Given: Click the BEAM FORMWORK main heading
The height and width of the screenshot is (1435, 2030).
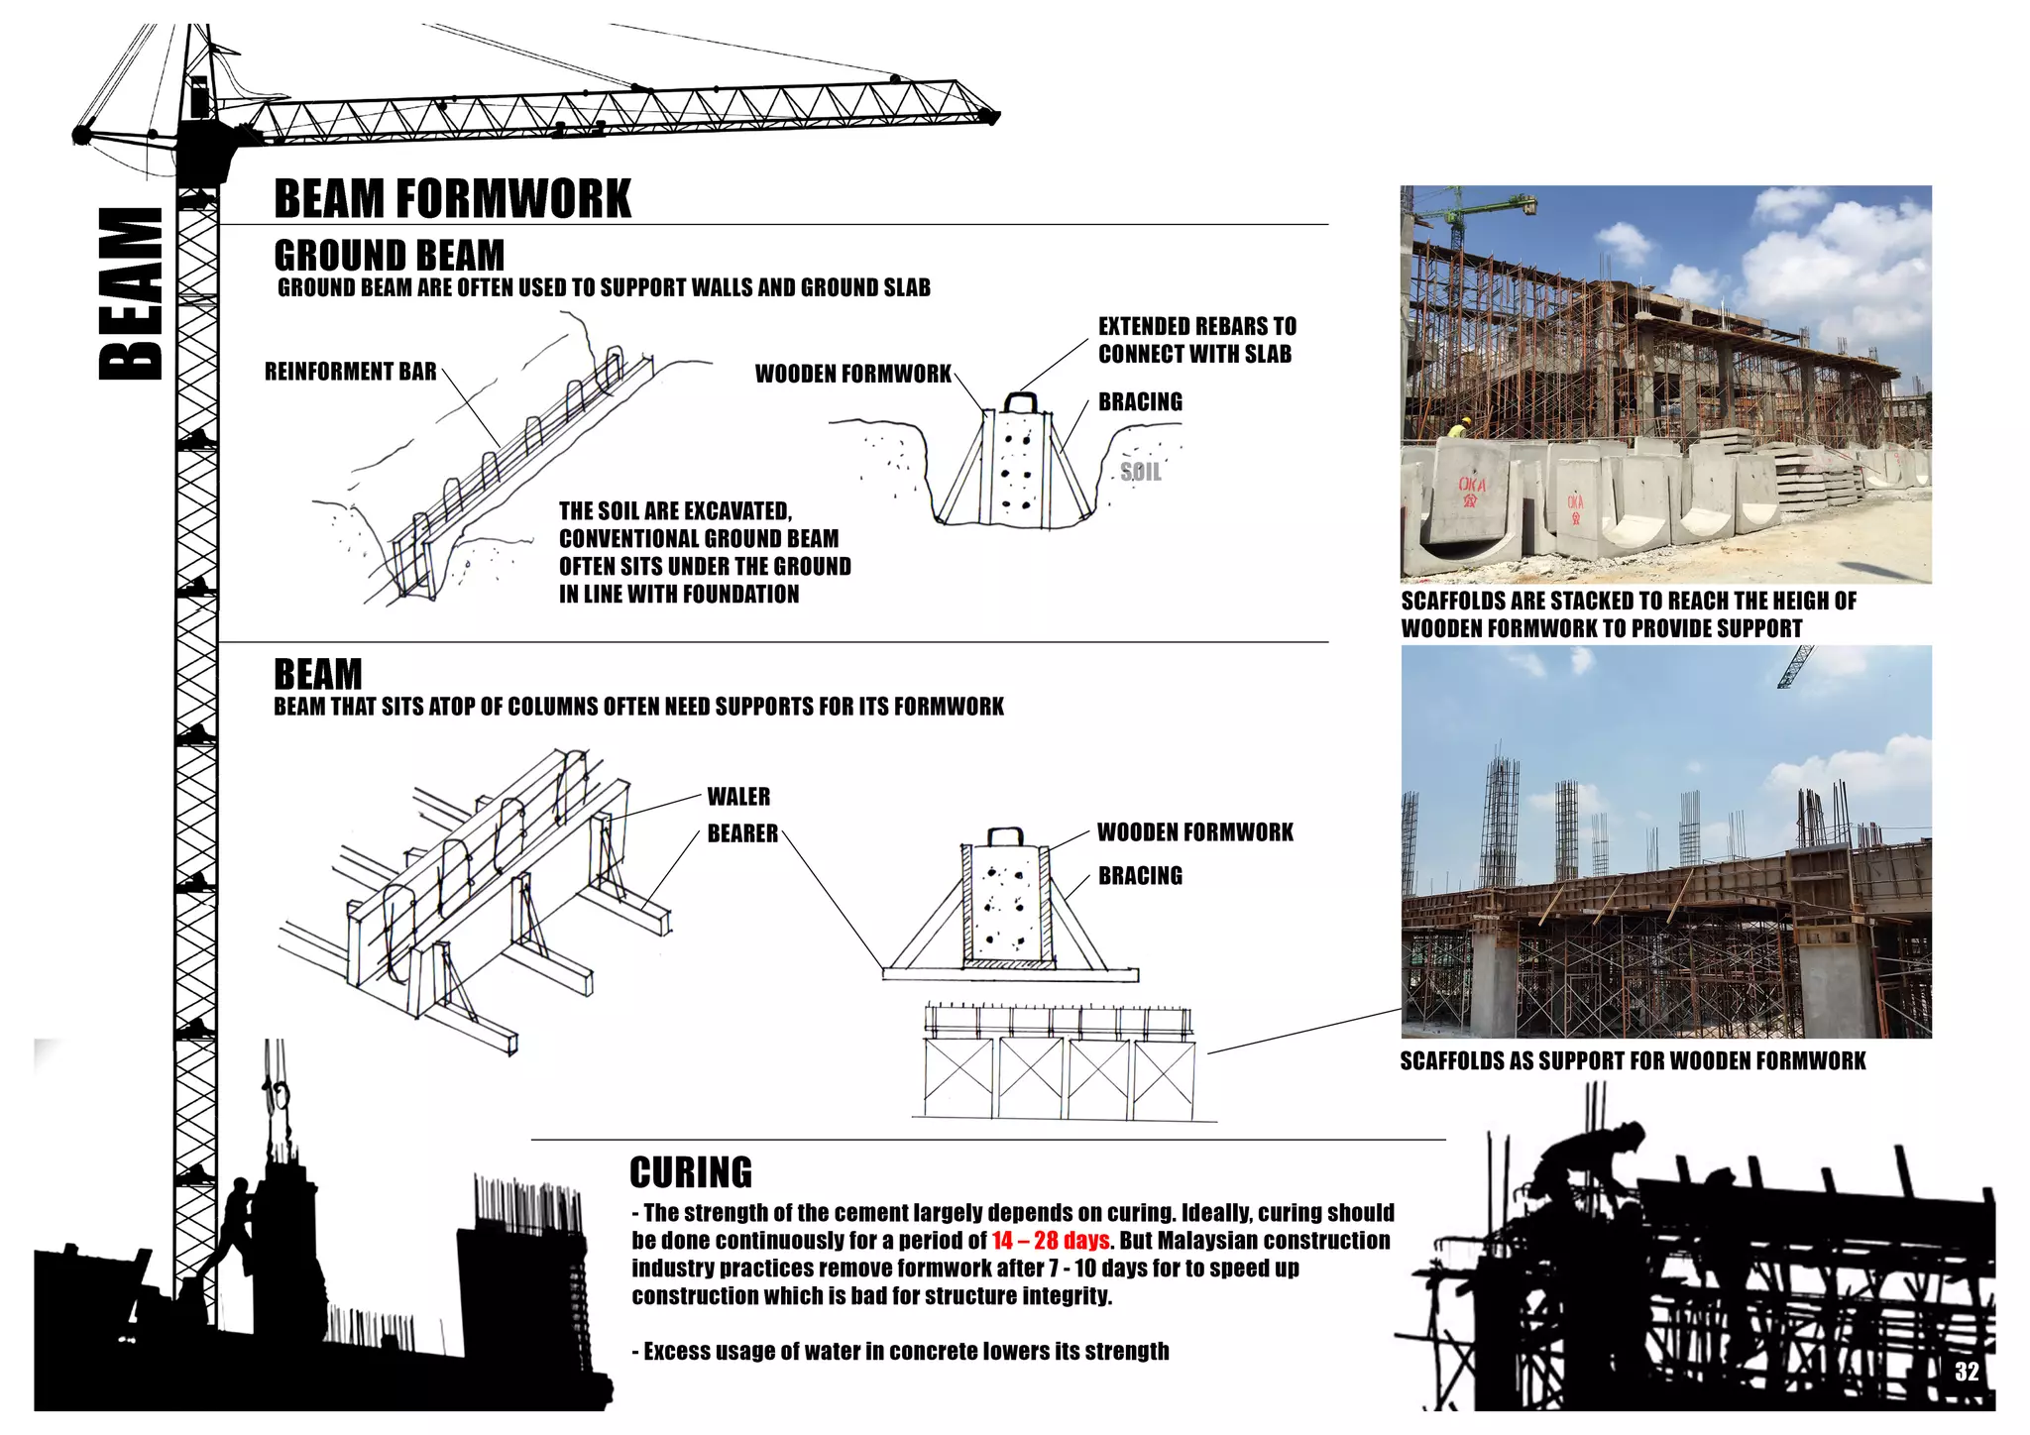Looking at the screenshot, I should click(x=452, y=199).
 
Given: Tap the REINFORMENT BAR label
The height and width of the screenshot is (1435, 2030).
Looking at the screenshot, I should click(x=350, y=372).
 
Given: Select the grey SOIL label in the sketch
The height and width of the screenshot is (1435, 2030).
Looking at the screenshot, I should click(x=1141, y=472).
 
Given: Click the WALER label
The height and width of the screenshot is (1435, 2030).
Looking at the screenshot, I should click(x=738, y=797).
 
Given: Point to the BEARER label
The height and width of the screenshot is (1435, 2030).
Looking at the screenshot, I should click(x=742, y=833).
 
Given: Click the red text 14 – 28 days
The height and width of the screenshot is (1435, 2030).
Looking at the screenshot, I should click(x=1050, y=1241).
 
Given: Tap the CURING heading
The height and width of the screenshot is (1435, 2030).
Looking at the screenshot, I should click(x=691, y=1172).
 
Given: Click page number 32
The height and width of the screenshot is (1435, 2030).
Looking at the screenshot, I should click(x=1967, y=1372).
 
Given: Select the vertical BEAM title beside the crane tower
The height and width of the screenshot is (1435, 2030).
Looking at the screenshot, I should click(x=132, y=294).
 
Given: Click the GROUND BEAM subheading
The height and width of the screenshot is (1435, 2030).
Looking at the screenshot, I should click(x=389, y=256).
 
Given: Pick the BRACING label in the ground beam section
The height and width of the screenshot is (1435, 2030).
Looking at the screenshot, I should click(x=1140, y=401).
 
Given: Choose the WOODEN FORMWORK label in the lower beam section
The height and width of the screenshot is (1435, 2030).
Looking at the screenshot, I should click(x=1194, y=832).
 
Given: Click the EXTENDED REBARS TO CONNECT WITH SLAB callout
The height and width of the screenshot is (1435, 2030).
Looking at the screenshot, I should click(x=1196, y=340).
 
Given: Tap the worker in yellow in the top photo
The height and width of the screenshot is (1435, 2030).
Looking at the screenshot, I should click(x=1458, y=429).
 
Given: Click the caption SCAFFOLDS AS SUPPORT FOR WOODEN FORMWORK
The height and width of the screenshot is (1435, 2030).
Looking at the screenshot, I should click(x=1633, y=1061).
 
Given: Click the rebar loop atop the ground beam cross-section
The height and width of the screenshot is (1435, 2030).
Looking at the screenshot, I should click(x=1021, y=401).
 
